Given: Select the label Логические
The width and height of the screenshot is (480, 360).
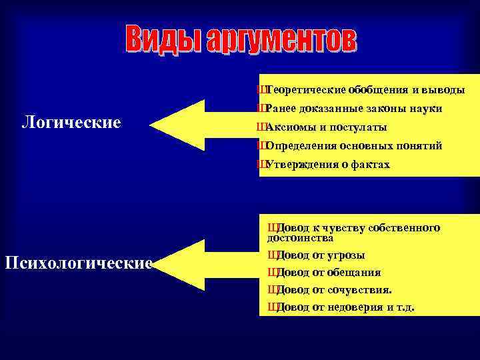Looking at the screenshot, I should (71, 123).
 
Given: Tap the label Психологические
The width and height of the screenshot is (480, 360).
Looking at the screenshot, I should (79, 263).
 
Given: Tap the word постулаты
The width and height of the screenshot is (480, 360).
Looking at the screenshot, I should (359, 127).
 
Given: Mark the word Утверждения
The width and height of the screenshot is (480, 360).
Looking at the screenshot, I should (297, 164).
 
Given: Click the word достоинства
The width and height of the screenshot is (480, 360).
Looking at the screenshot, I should (301, 237).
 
